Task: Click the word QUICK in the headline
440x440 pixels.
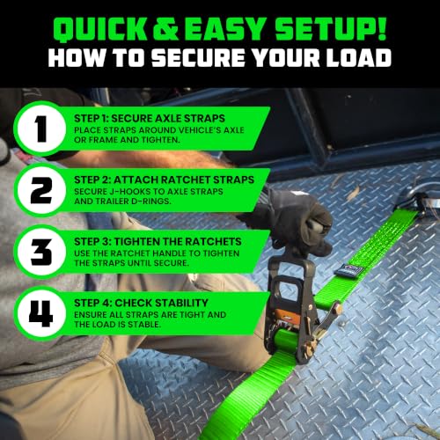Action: click(x=99, y=28)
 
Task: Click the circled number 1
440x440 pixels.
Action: click(x=41, y=128)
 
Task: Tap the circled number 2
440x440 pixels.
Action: click(x=41, y=190)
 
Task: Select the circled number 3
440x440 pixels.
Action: click(x=41, y=252)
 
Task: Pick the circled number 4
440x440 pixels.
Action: click(x=41, y=313)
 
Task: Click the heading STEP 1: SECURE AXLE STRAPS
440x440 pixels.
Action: click(x=150, y=119)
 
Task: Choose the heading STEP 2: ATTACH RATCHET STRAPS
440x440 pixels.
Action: click(x=164, y=180)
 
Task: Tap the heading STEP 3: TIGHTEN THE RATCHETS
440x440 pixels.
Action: click(x=158, y=242)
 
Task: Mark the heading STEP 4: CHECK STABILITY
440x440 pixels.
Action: click(x=141, y=303)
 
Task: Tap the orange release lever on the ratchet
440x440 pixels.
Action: click(x=284, y=315)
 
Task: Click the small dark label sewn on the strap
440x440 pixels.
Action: click(x=349, y=270)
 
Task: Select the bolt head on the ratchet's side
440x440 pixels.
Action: click(x=339, y=309)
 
